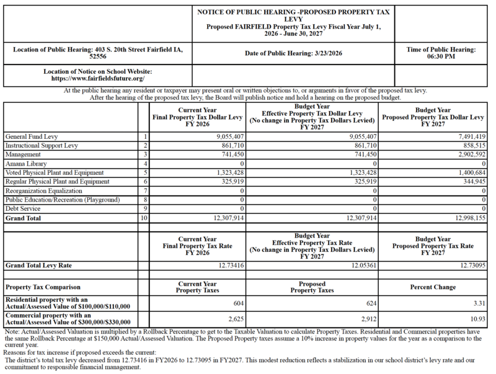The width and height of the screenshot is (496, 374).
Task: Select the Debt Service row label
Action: [22, 210]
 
